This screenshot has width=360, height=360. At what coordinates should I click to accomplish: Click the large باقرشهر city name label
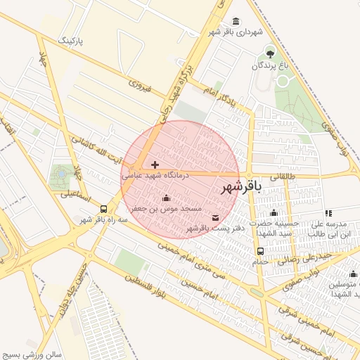coord(241,187)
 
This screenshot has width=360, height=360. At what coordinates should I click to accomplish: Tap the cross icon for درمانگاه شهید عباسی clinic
coord(155,165)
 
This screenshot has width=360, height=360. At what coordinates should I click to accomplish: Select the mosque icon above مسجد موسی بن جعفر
coord(166,198)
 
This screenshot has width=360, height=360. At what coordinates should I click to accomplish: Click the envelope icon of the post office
coord(215,217)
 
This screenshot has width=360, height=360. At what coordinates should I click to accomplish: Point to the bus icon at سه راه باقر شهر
coord(104,209)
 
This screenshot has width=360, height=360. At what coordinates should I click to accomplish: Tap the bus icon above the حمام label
coord(261,251)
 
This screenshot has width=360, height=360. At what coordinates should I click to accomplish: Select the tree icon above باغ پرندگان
coord(271,53)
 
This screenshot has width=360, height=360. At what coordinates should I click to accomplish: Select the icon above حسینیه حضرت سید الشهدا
coord(274,212)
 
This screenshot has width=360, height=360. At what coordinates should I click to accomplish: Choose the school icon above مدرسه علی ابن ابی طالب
coord(328,212)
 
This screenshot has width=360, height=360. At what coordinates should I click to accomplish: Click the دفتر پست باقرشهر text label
coord(209,229)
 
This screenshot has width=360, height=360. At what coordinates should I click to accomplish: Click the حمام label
coord(261,262)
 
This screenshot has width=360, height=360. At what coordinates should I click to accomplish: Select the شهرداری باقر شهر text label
coord(235,32)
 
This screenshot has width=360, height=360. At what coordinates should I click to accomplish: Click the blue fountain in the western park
coord(61,172)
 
